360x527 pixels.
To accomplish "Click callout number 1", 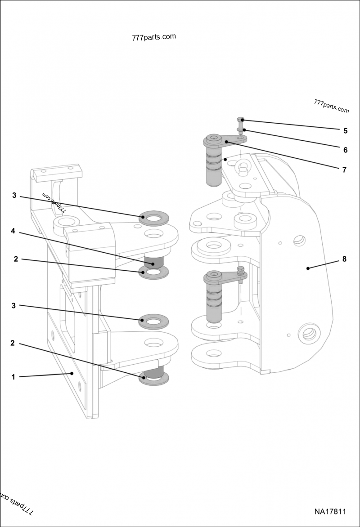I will click(x=13, y=377).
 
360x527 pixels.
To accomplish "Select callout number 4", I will click(x=13, y=231).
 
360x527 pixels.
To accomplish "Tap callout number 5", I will click(x=345, y=131).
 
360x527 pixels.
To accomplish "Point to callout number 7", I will click(x=344, y=170).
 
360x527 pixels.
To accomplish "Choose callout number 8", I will click(x=344, y=259).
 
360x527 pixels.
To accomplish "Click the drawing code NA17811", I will click(x=330, y=512).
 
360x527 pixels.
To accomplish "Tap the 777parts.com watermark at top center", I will click(x=154, y=37).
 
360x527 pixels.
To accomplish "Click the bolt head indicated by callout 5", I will click(x=241, y=120).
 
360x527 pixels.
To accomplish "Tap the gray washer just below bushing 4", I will click(x=154, y=272).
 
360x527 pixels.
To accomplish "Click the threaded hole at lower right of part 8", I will click(x=309, y=334).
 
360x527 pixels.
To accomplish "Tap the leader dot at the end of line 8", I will click(x=308, y=268).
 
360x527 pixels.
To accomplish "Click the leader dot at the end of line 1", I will click(x=72, y=373).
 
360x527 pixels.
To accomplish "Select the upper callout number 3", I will click(x=14, y=196).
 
